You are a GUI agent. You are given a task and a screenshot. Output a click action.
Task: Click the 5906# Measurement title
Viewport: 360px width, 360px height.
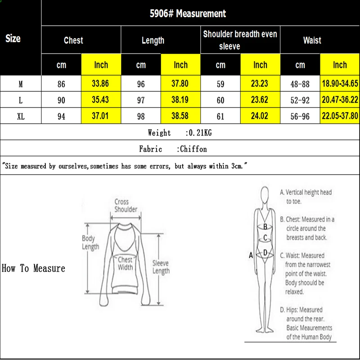[x=188, y=13]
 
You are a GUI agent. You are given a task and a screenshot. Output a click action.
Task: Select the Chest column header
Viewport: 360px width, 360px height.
[x=73, y=40]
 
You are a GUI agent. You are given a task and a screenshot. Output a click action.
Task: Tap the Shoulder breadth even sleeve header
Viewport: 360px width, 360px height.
[x=240, y=40]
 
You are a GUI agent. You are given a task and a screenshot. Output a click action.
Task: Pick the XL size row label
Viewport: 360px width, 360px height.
[x=21, y=117]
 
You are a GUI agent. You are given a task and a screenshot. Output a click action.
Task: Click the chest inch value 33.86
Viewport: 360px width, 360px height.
[x=101, y=84]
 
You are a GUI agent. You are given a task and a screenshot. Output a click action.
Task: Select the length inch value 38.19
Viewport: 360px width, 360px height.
[x=180, y=100]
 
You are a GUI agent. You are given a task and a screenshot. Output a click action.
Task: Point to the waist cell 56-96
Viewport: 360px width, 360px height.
[x=300, y=117]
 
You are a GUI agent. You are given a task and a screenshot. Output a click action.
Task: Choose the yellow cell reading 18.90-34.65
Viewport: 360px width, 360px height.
[x=340, y=84]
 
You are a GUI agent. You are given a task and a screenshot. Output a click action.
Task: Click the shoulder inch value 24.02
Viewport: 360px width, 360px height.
[x=260, y=117]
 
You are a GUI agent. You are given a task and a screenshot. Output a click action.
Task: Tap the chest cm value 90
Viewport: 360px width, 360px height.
[x=61, y=100]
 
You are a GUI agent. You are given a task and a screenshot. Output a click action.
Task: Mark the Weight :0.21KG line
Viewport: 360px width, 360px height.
[x=180, y=133]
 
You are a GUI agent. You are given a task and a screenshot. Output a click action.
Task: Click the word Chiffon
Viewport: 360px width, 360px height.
[x=193, y=149]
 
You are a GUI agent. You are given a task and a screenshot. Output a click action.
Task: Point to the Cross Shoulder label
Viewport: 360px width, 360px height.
[x=126, y=206]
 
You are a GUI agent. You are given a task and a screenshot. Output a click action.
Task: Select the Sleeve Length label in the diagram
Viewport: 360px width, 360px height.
[x=161, y=267]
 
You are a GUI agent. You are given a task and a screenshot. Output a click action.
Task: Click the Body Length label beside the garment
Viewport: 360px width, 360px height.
[x=90, y=243]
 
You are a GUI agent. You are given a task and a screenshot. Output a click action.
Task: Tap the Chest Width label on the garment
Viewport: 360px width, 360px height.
[x=125, y=263]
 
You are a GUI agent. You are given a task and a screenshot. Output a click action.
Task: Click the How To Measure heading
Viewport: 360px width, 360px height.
[x=34, y=269]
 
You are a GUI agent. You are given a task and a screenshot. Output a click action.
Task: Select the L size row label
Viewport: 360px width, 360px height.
[x=21, y=100]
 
